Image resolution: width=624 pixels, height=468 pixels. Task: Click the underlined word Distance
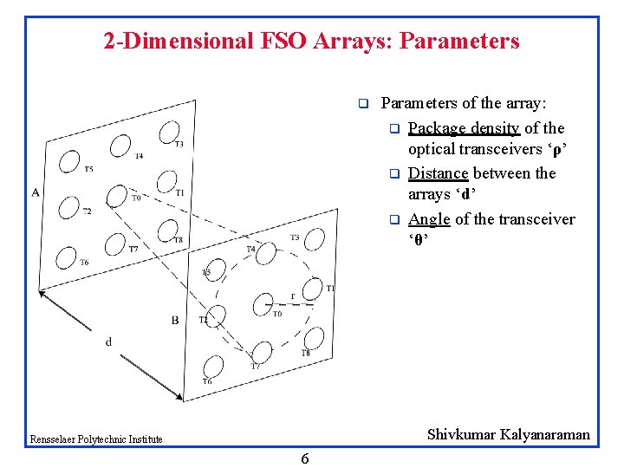pos(438,173)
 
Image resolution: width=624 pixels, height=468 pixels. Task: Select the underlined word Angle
pos(429,219)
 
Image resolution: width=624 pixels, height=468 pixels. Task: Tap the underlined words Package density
pos(464,128)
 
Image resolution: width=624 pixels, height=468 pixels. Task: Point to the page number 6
pos(304,458)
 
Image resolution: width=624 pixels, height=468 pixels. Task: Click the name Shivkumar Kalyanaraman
pos(508,434)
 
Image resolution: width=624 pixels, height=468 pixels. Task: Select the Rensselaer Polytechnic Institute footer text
pos(95,439)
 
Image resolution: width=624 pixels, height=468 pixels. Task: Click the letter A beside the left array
pos(36,192)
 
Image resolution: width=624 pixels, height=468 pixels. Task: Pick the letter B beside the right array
pos(174,320)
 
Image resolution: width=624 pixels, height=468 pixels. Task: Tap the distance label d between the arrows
pos(108,341)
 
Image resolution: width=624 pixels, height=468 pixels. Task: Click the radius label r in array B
pos(293,295)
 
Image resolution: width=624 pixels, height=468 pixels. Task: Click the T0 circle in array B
pos(263,303)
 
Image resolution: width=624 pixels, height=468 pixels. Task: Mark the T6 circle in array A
pos(65,257)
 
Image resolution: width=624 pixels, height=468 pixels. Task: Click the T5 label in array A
pos(88,169)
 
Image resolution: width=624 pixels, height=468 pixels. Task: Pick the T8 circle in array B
pos(314,338)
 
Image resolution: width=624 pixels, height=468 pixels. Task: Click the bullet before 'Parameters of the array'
pos(364,105)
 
